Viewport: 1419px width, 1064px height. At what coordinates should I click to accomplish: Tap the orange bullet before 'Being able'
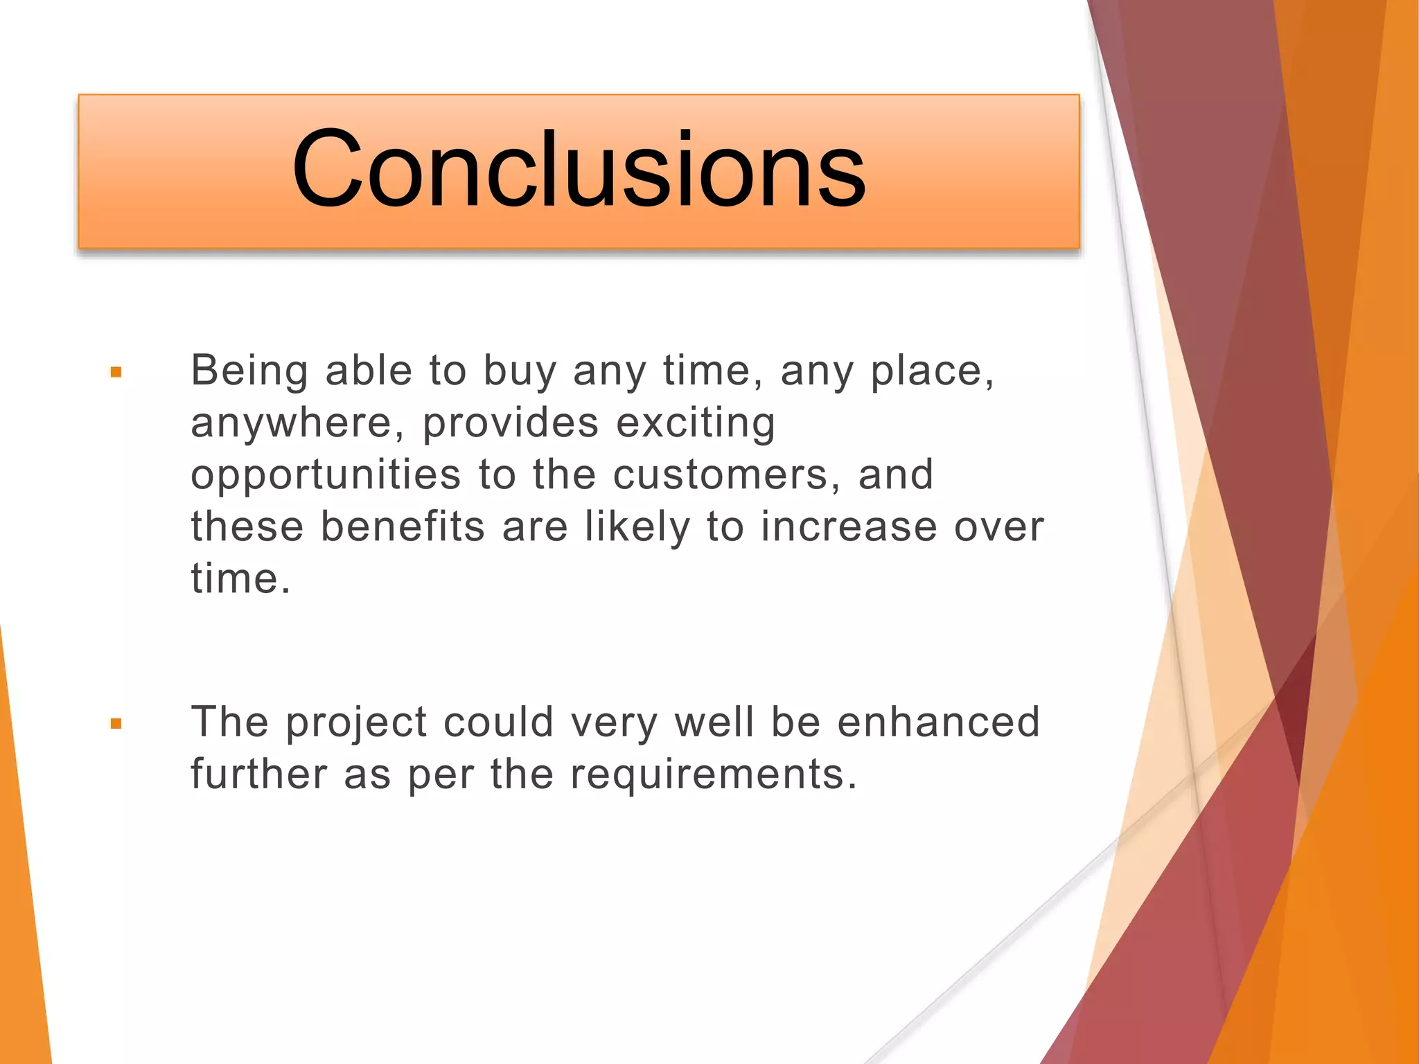point(116,373)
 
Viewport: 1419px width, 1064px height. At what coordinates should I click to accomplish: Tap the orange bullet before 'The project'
point(116,725)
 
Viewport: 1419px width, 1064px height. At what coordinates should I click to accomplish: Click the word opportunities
point(326,475)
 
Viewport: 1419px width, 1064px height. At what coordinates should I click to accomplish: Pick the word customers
point(727,475)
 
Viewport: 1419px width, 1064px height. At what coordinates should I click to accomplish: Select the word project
point(356,723)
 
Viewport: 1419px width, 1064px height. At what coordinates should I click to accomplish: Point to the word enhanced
point(938,722)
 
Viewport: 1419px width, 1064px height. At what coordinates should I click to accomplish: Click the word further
point(259,774)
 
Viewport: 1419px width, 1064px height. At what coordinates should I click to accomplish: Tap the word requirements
point(713,774)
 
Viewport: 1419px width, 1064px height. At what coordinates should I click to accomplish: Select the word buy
point(520,372)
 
